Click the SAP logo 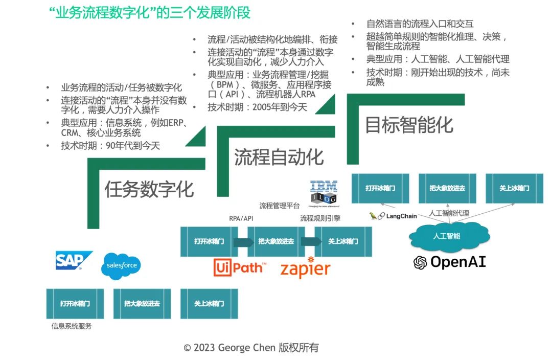74,261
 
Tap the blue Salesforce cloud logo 122,266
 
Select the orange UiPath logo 240,267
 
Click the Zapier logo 305,267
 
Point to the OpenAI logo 450,262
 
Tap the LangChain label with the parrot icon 393,216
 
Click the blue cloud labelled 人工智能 446,236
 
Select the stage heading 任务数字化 149,189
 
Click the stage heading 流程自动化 279,156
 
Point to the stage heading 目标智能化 409,125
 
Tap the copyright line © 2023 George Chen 251,348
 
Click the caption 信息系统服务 72,326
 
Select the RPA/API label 241,218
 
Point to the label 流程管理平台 280,206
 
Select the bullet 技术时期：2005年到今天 257,107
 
